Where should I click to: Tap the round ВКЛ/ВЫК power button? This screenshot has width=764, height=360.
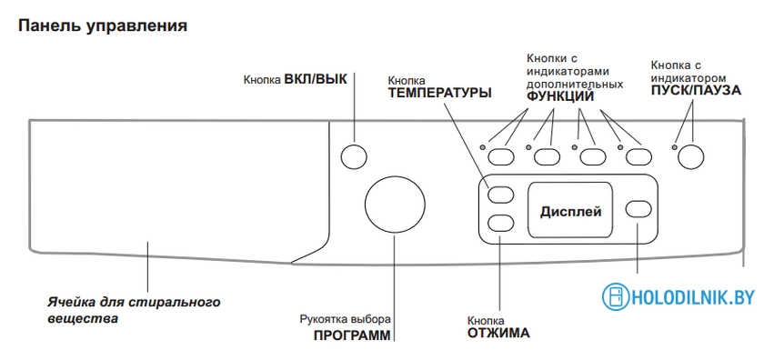(x=353, y=156)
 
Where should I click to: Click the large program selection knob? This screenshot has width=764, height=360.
(x=393, y=205)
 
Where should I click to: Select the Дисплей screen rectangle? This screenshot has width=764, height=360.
(x=570, y=211)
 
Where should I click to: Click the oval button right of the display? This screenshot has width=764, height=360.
(x=639, y=209)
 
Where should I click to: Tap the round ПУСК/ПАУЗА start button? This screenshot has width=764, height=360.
(x=692, y=156)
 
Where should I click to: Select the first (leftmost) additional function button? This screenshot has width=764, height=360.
(x=500, y=156)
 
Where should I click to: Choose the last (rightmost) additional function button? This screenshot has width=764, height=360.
(x=638, y=156)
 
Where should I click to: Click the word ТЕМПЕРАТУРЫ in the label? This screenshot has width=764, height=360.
(x=439, y=93)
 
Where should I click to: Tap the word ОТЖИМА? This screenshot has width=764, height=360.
(x=492, y=334)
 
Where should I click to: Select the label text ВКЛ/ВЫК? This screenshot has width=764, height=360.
(x=316, y=78)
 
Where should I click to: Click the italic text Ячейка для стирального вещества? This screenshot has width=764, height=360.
(x=133, y=310)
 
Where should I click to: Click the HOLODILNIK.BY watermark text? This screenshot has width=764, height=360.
(x=693, y=297)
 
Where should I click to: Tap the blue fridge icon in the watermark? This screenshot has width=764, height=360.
(x=616, y=297)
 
